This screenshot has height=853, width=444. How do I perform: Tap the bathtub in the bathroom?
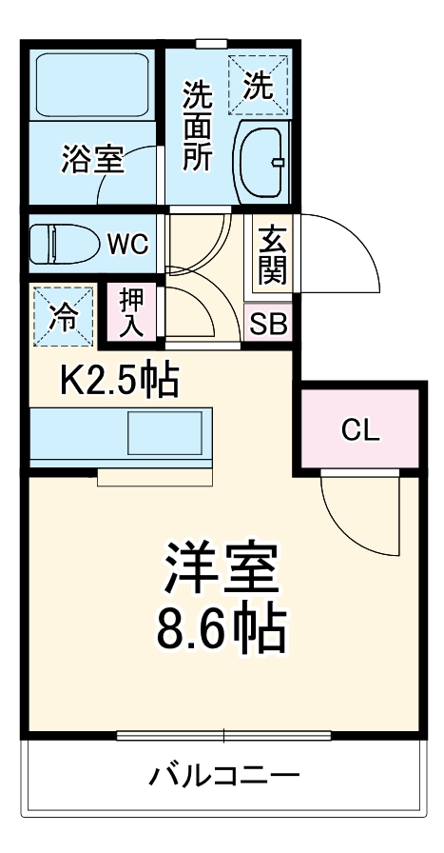[x=93, y=84]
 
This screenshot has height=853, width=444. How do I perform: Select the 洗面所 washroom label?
[x=197, y=126]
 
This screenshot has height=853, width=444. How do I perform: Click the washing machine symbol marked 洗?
[x=258, y=86]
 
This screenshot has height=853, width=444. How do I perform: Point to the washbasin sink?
[x=260, y=161]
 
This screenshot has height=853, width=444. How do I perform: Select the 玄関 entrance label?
[x=271, y=254]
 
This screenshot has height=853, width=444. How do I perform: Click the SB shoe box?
[x=268, y=324]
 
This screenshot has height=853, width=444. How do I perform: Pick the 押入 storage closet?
[x=132, y=313]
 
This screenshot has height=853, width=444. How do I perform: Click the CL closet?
[x=360, y=430]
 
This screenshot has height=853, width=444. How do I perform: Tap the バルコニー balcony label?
[x=222, y=775]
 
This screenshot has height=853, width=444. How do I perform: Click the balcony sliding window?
[x=223, y=735]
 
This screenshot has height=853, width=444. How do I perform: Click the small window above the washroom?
[x=212, y=42]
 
